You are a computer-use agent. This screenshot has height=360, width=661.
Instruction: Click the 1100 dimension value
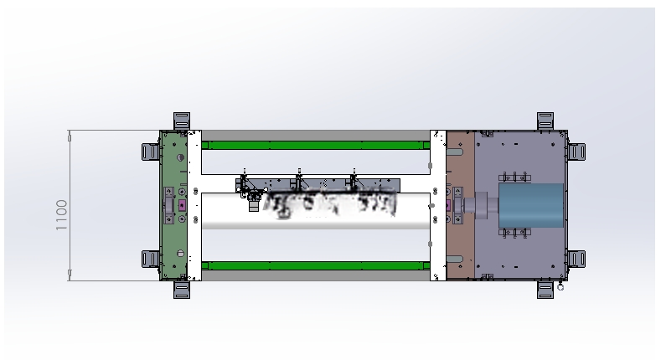[61, 214]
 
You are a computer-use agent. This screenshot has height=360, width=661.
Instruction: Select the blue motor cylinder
[531, 205]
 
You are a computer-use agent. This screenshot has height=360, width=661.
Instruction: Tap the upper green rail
[316, 146]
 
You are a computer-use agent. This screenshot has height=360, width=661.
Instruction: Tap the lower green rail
[316, 265]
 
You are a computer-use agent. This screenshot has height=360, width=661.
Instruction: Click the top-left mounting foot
[182, 121]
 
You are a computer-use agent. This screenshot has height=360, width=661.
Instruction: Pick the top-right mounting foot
[545, 121]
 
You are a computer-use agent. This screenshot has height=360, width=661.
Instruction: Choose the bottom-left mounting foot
[182, 291]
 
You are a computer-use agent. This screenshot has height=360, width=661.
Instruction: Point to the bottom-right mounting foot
[545, 291]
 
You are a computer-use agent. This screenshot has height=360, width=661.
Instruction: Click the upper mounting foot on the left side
[151, 152]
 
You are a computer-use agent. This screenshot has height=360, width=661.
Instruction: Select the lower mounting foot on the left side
[151, 259]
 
